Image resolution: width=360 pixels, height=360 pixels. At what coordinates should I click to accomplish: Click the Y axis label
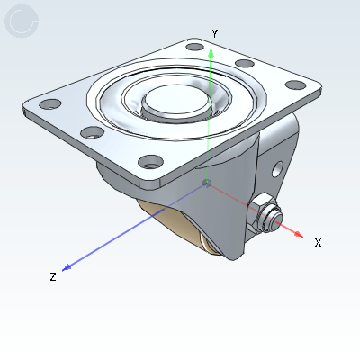click(214, 33)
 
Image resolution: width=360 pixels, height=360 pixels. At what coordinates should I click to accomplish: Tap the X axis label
click(318, 242)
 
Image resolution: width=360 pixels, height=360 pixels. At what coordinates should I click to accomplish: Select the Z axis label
click(53, 277)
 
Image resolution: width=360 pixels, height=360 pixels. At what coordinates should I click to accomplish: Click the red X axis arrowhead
click(298, 233)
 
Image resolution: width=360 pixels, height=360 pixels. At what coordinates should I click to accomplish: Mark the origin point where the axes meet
click(208, 184)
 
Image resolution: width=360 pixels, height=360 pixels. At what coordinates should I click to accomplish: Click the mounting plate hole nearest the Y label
click(194, 45)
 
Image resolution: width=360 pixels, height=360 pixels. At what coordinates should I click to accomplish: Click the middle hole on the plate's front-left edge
click(90, 132)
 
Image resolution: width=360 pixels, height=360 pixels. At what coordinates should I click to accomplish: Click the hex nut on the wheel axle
click(264, 213)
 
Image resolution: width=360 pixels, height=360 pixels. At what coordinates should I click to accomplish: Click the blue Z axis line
click(135, 229)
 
